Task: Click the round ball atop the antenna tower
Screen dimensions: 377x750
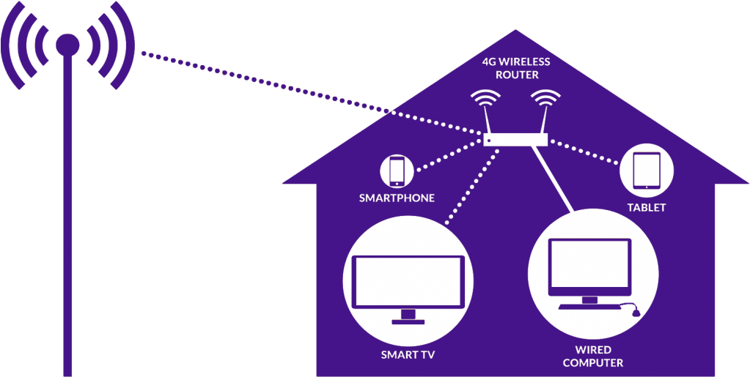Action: coord(67,45)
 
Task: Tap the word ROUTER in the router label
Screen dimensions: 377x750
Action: coord(518,75)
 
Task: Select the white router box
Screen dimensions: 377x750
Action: coord(515,139)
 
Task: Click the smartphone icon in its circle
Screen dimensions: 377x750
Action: coord(397,171)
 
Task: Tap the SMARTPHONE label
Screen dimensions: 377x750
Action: coord(397,198)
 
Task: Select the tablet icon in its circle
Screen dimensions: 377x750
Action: coord(647,171)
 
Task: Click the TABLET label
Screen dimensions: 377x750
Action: coord(646,208)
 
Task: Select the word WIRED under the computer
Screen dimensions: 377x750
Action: coord(593,350)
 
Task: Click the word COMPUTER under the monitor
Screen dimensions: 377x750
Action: coord(593,362)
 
